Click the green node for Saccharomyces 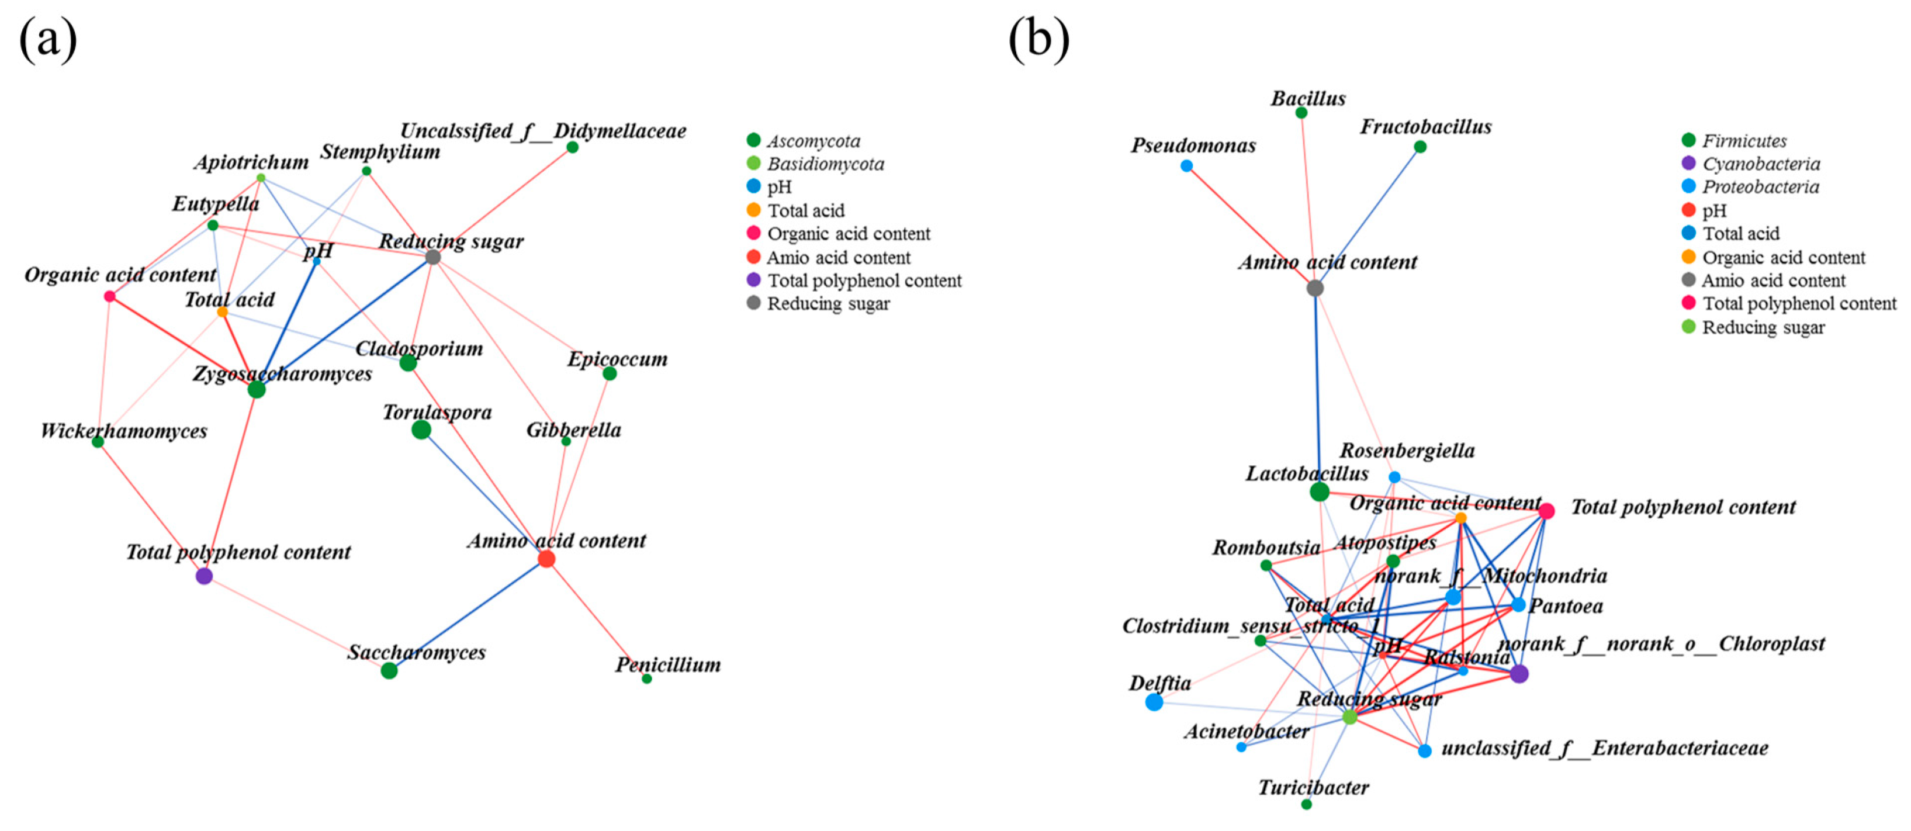tap(389, 671)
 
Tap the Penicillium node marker tap(647, 679)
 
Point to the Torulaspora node tap(421, 430)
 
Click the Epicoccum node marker tap(610, 373)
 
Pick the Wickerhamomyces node tap(98, 442)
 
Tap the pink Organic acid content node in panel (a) tap(110, 296)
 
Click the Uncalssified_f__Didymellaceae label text tap(543, 131)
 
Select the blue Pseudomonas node tap(1186, 165)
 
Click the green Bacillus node tap(1301, 113)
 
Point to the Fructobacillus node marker tap(1420, 147)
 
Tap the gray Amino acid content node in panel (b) tap(1314, 288)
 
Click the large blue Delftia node tap(1154, 702)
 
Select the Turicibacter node tap(1306, 804)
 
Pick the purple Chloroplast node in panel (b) tap(1519, 674)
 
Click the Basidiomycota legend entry tap(825, 164)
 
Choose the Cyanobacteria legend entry tap(1760, 164)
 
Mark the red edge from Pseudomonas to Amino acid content tap(1250, 226)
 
